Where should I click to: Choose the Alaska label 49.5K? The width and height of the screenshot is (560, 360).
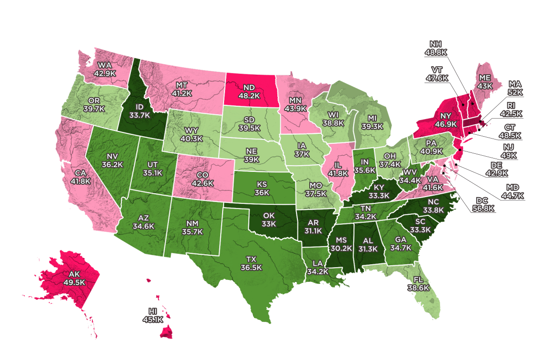point(74,278)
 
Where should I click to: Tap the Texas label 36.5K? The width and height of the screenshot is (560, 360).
point(251,263)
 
